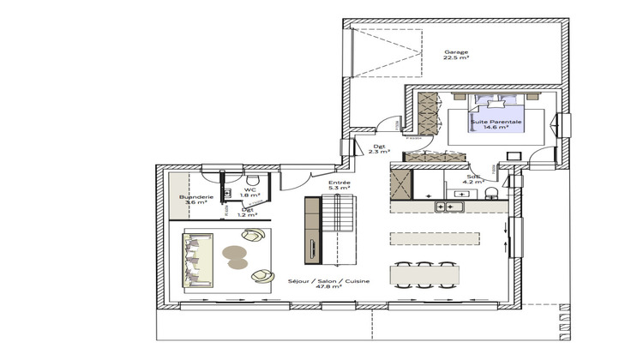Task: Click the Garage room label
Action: pyautogui.click(x=456, y=52)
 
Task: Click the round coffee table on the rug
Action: pyautogui.click(x=235, y=253)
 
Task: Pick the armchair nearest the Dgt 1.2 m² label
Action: pyautogui.click(x=258, y=242)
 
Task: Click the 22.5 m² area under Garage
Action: pyautogui.click(x=456, y=58)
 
